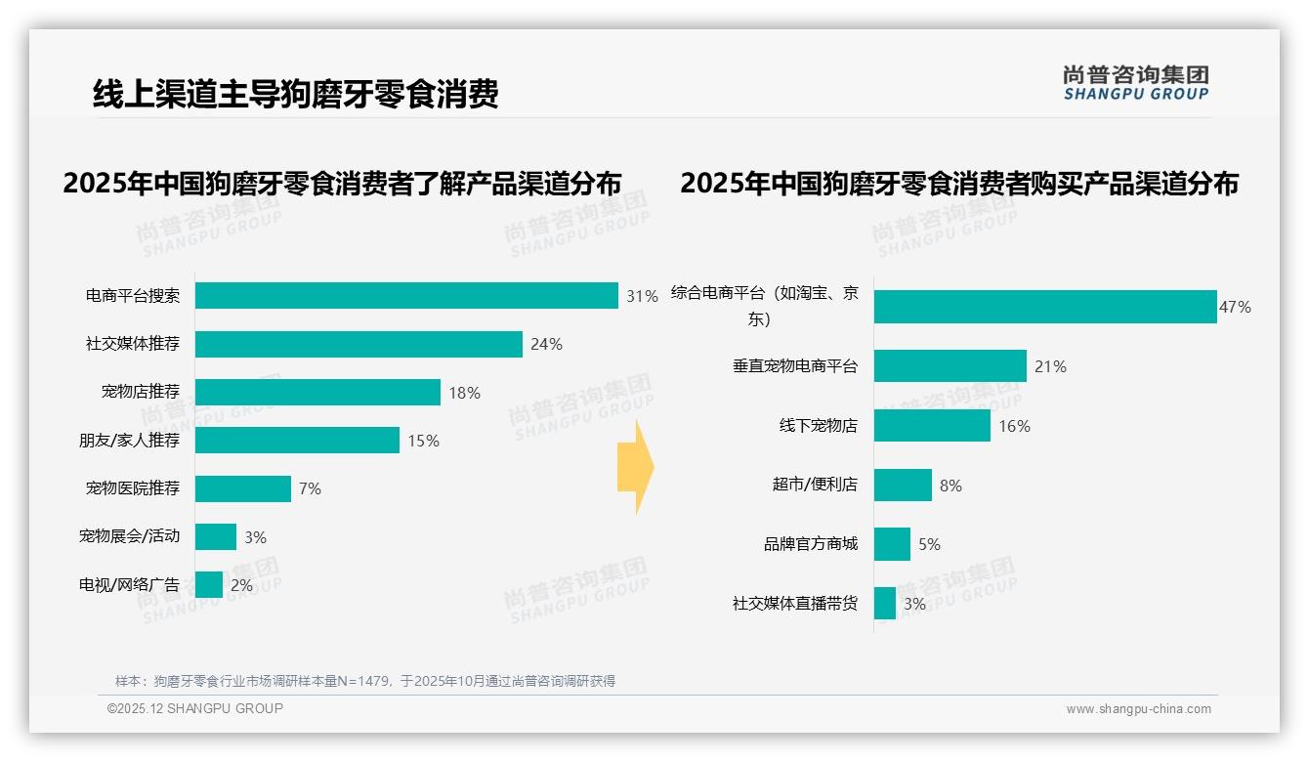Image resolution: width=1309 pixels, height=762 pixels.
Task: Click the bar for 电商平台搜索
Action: click(406, 296)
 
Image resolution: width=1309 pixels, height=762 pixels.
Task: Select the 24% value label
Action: click(546, 344)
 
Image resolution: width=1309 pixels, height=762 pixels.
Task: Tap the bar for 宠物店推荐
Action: click(317, 393)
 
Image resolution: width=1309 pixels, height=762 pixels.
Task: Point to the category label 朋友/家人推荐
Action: click(130, 441)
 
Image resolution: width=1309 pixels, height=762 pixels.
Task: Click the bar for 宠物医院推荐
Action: click(243, 489)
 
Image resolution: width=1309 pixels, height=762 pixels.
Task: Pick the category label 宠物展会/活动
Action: click(130, 536)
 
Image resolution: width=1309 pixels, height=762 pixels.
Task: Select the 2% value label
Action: click(240, 586)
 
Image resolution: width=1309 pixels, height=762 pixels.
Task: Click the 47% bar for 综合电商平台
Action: click(1045, 307)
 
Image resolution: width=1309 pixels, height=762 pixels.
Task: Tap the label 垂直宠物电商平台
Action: click(795, 366)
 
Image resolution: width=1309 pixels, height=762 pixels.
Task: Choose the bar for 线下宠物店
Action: click(932, 426)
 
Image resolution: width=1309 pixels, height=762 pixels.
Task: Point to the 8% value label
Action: click(950, 486)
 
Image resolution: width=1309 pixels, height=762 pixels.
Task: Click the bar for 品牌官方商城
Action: click(892, 544)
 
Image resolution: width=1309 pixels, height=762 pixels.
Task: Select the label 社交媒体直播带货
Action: click(795, 604)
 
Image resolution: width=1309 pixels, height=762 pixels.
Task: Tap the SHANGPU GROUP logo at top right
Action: click(1136, 83)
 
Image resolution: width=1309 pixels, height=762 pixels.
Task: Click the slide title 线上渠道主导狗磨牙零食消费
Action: click(296, 94)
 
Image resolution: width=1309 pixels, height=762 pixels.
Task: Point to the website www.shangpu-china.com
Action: click(1138, 709)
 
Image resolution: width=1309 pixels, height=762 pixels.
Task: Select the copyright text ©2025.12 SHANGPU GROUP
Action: click(195, 708)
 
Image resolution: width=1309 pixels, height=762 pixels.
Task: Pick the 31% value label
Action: click(642, 296)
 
